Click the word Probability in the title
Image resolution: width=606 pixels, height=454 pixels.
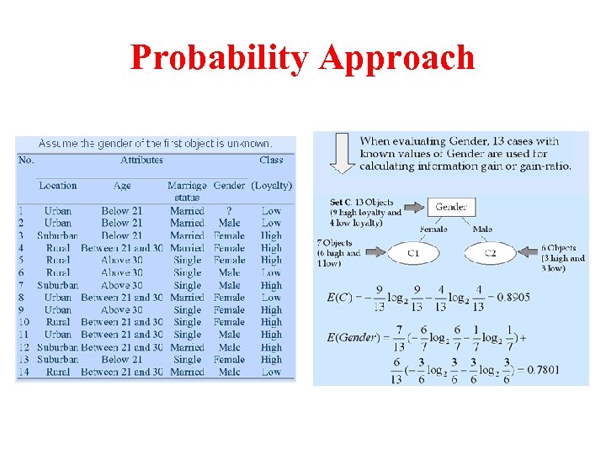pos(221,57)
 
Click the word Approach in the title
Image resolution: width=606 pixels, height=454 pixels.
pos(397,57)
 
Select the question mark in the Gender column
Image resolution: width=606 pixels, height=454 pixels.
pos(229,211)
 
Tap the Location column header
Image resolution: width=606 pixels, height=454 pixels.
pos(57,186)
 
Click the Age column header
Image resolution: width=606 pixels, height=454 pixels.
pos(122,186)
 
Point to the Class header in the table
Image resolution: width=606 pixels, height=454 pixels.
pos(271,160)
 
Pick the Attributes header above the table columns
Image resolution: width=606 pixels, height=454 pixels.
pos(141,160)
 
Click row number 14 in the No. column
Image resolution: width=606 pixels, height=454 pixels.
pos(25,372)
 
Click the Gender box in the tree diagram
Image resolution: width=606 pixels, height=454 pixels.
pos(451,207)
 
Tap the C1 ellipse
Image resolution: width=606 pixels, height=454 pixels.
pos(413,252)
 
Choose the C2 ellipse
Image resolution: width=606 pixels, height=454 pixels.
pos(492,252)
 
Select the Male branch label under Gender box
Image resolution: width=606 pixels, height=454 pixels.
pos(482,229)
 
